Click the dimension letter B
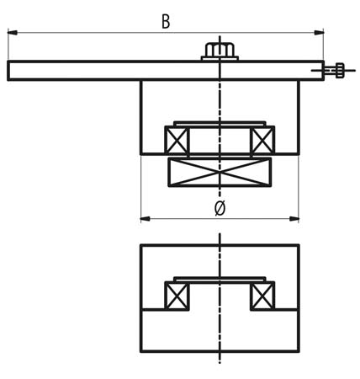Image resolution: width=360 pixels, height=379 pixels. coord(166,21)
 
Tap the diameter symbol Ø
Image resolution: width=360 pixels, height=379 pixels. coord(220,208)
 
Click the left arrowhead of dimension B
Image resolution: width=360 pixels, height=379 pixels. coord(13,33)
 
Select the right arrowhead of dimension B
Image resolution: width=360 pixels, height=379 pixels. coord(319,33)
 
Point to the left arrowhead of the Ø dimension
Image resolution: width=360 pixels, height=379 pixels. coord(146,219)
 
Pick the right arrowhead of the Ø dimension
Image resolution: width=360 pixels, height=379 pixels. coord(294,219)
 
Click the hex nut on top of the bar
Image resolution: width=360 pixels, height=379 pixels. coord(220,50)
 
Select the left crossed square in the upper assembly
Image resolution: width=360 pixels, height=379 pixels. coord(177,141)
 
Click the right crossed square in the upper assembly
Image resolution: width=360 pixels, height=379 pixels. coord(262,141)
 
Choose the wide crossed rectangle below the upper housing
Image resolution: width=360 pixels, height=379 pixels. coord(220,172)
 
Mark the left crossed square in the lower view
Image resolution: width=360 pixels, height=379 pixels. coord(177,296)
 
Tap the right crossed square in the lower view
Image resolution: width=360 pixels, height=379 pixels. coord(262,296)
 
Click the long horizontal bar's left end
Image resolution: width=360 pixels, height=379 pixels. coord(8,71)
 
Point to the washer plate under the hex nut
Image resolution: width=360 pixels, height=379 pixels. coord(220,58)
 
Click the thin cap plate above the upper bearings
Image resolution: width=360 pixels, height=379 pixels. coord(220,124)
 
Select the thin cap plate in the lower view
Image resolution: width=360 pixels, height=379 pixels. coord(220,280)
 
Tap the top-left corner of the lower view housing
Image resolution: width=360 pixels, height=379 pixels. coord(141,245)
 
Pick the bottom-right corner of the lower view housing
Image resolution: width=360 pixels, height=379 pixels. coord(299,351)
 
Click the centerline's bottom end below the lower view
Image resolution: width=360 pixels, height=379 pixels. coord(220,363)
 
